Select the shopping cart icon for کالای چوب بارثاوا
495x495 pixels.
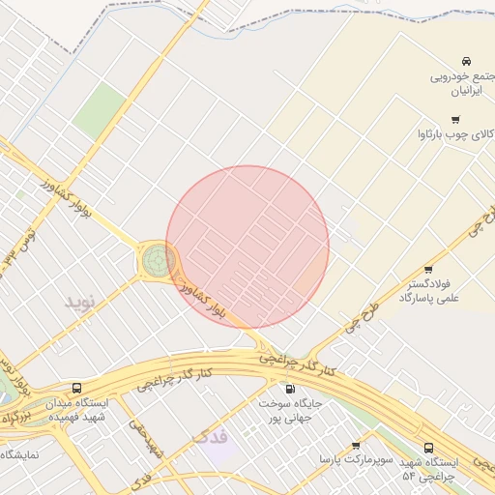455,120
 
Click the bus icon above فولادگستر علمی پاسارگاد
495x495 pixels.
428,270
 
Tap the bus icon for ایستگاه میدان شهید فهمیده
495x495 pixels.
77,388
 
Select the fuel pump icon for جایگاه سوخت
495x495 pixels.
290,388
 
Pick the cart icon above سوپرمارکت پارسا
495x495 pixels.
356,445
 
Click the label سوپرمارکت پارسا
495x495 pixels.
357,459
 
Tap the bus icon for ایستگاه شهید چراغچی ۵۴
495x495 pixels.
428,448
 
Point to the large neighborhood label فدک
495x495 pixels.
212,436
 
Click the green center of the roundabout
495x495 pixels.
157,259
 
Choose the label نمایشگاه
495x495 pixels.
19,454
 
